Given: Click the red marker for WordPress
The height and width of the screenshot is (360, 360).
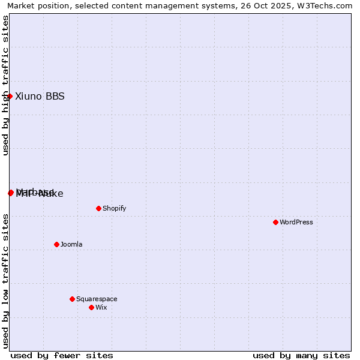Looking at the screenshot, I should pos(275,222).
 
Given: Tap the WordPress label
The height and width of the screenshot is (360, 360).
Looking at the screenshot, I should pos(296,222).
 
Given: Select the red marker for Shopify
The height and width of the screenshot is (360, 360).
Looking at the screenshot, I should pos(98,208).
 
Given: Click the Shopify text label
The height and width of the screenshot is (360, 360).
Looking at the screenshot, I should pos(114,208).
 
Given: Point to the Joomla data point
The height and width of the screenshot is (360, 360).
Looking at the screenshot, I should pos(56,244).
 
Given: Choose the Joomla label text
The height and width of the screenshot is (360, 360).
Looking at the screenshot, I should pos(71,244).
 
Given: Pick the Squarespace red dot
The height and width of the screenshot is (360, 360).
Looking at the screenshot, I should pos(72,299).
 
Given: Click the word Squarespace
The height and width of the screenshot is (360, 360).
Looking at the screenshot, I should pos(97,299).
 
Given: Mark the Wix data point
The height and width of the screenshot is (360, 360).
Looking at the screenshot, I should pos(91,307).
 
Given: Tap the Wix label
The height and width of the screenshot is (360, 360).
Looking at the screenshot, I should pos(101,307).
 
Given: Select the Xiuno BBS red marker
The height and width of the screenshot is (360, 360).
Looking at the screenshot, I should pos(10,96).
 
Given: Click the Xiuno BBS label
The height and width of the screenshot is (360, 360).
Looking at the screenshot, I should pos(40,96).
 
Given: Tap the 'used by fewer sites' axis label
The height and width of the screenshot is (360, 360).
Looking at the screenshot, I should pos(62,355).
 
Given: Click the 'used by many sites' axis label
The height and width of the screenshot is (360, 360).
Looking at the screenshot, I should pos(301,355).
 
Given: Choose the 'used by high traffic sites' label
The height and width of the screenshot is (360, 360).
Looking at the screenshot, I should pos(5,85).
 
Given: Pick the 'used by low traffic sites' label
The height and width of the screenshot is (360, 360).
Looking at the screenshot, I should pos(5,281).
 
